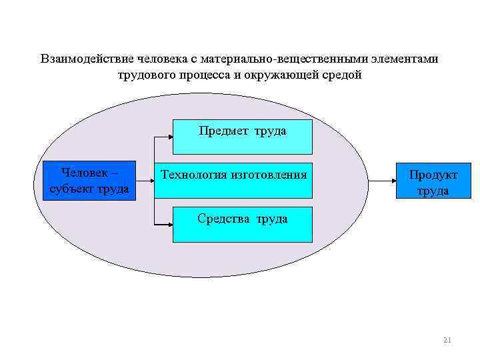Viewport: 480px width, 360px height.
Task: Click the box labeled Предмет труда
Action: click(243, 137)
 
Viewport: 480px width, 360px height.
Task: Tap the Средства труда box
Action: click(243, 224)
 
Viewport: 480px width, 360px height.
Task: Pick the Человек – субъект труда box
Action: click(89, 181)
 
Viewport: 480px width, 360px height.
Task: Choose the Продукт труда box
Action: click(433, 181)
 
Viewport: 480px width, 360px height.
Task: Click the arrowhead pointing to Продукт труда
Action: click(393, 181)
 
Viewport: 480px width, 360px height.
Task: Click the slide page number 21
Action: click(447, 341)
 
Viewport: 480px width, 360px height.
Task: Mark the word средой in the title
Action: click(343, 75)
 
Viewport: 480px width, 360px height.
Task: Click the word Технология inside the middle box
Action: click(193, 175)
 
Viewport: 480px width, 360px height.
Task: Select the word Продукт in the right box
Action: click(433, 175)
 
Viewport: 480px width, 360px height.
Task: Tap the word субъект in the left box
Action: click(71, 189)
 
